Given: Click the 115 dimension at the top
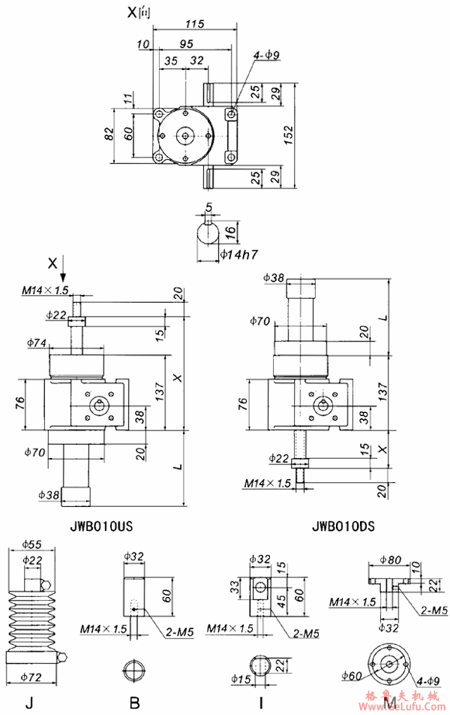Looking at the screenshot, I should (194, 24).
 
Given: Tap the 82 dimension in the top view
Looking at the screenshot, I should (109, 134).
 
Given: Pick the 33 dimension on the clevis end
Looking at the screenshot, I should (234, 585).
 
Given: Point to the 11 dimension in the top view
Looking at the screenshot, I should (129, 99).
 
